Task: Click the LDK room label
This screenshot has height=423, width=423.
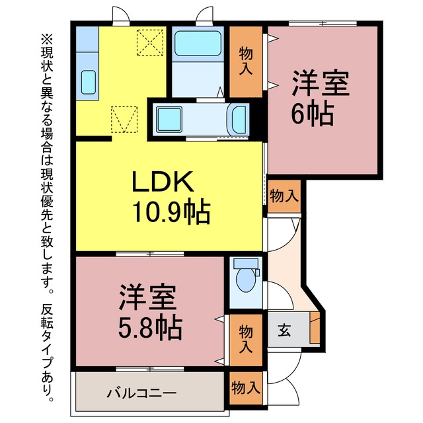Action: (x=163, y=181)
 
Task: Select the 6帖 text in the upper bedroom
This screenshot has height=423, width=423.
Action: (x=312, y=113)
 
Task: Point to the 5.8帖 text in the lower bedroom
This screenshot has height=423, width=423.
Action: (x=151, y=328)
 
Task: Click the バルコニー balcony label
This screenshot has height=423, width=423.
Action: (x=141, y=393)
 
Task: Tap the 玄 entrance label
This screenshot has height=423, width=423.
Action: (x=284, y=330)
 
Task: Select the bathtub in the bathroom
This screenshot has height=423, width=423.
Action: (x=198, y=44)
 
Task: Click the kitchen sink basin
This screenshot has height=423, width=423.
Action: (x=88, y=82)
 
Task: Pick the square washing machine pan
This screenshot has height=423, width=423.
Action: (x=169, y=119)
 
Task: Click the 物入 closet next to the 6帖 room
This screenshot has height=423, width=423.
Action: (x=246, y=61)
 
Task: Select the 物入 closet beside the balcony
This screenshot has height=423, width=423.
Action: (x=246, y=388)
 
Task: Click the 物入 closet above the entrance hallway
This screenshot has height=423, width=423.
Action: (x=284, y=196)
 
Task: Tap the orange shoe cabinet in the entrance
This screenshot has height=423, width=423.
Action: (x=315, y=328)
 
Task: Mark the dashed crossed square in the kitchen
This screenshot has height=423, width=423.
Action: (x=150, y=42)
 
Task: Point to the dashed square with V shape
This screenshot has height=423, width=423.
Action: (x=124, y=119)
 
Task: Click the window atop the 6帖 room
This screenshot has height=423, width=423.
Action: (x=323, y=24)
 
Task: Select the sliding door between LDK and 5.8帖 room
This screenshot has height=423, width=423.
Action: (x=150, y=254)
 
